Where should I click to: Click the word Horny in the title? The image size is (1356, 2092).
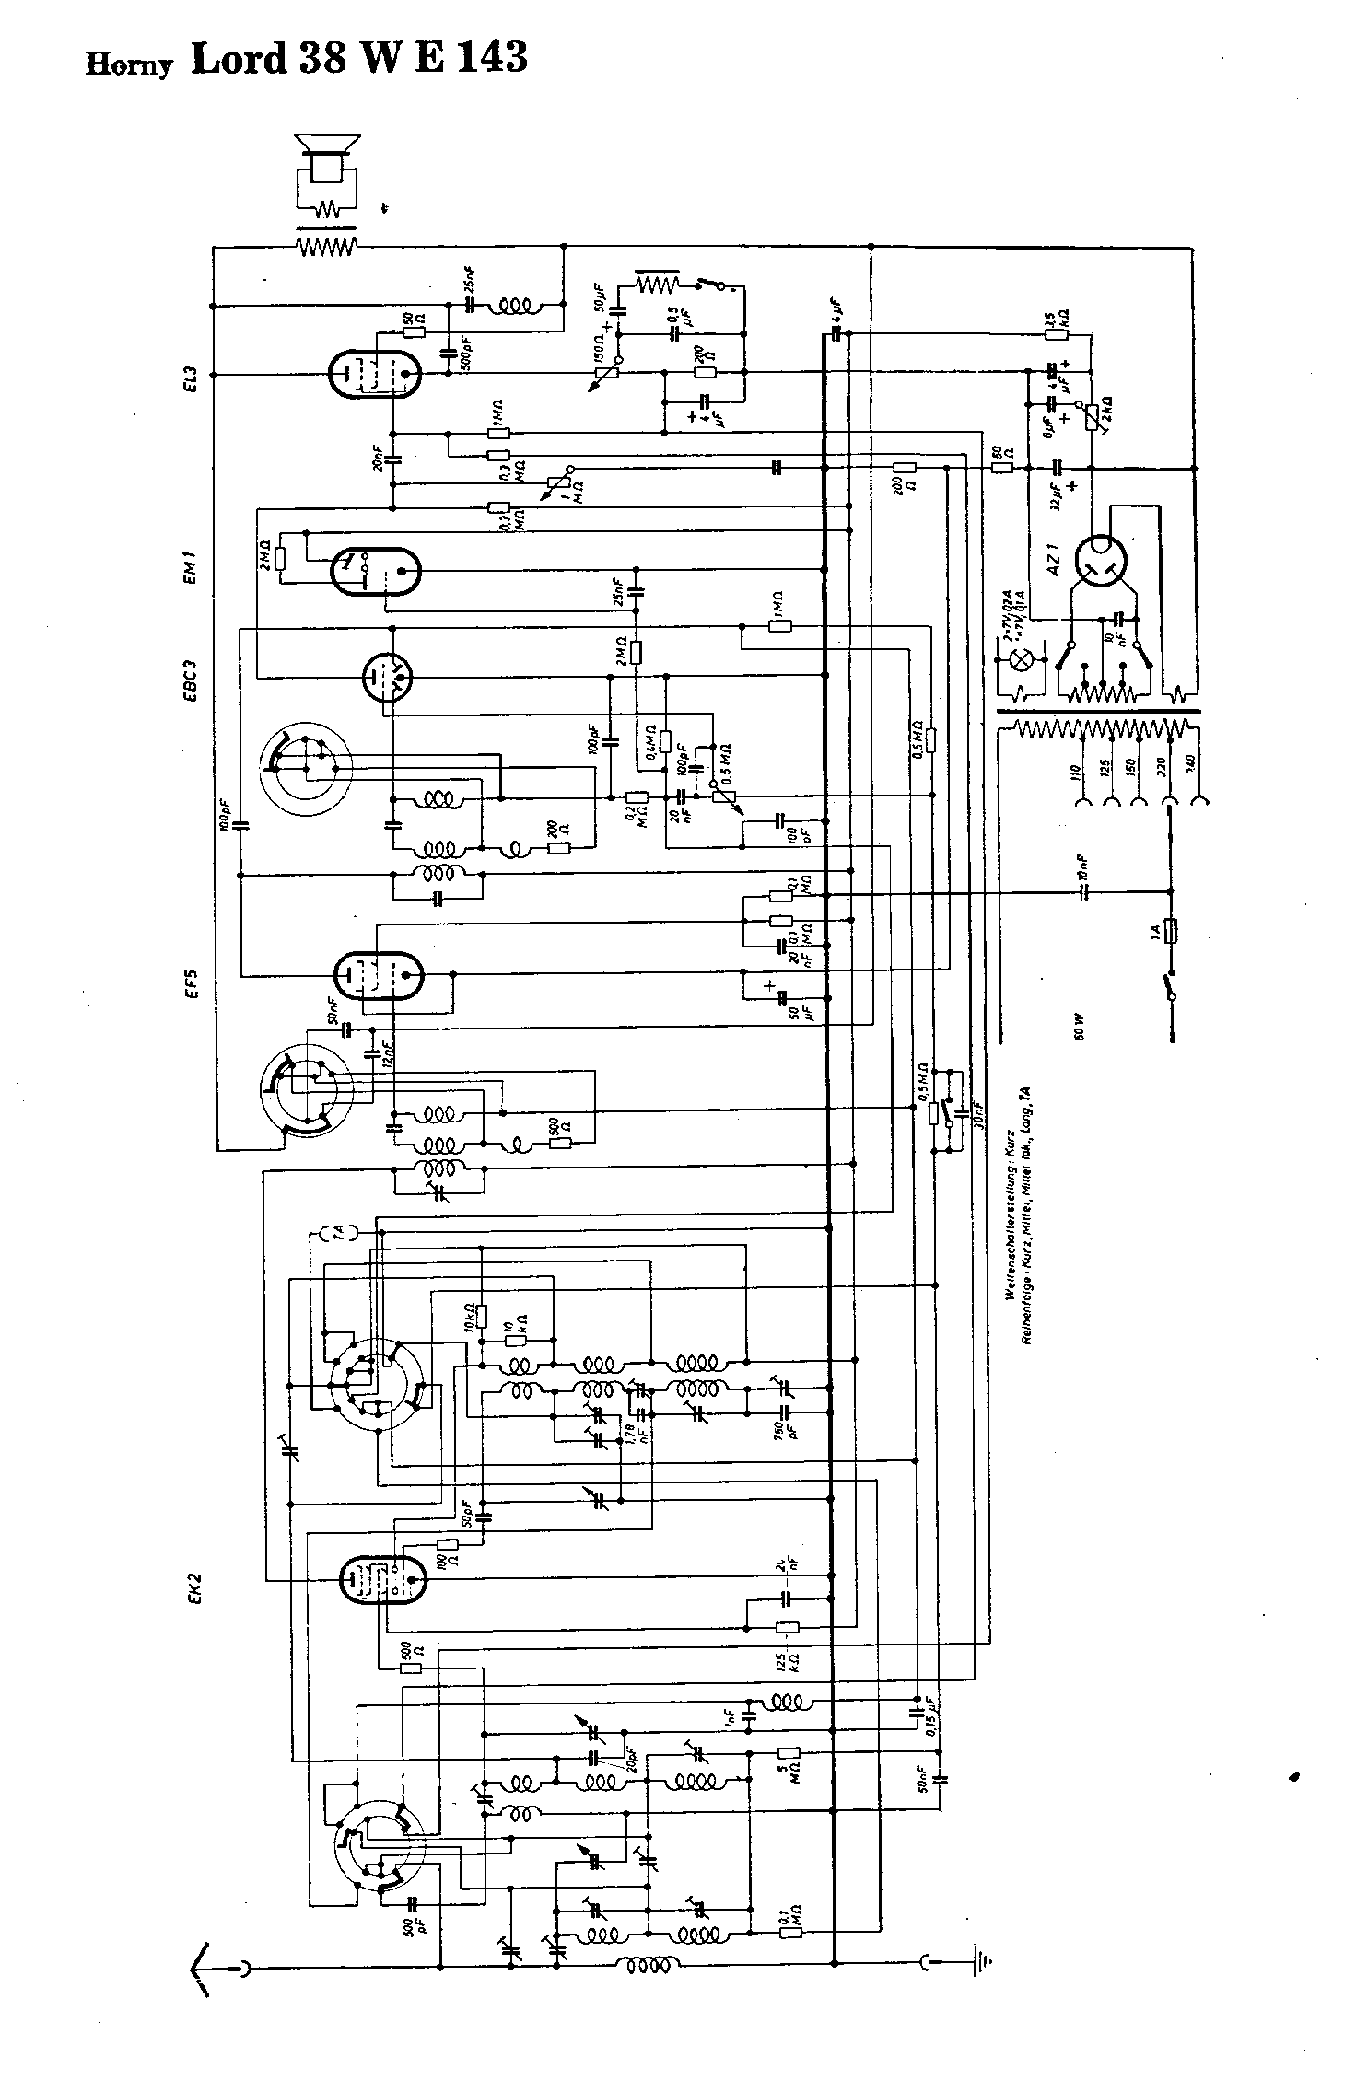129,64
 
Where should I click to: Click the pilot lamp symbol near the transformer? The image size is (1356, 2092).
1021,659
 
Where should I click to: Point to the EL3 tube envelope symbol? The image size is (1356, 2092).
374,375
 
